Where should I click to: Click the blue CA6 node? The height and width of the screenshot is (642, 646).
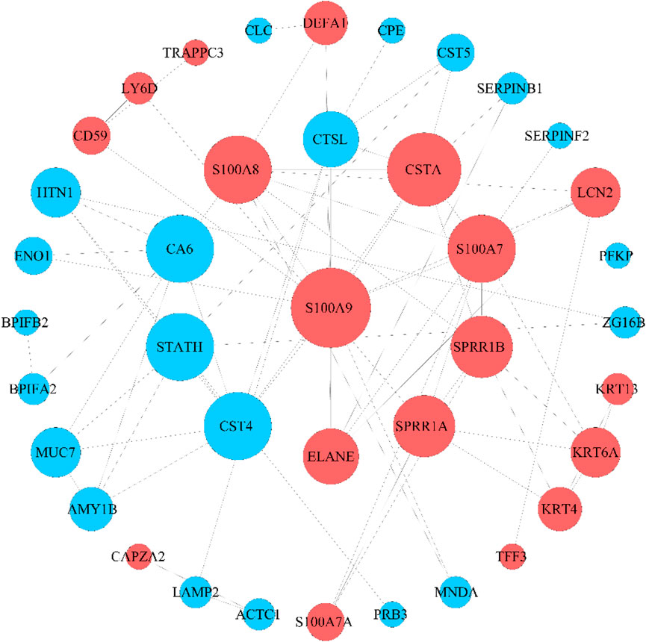[x=180, y=249]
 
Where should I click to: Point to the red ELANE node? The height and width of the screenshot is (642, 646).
[x=329, y=455]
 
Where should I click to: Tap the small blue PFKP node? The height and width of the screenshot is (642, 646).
[x=618, y=256]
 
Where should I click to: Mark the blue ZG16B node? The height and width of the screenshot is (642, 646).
[x=624, y=322]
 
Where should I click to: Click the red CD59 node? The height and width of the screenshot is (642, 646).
[x=90, y=137]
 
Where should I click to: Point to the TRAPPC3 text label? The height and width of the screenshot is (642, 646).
[x=193, y=53]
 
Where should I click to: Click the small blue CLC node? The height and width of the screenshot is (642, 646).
[x=258, y=31]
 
